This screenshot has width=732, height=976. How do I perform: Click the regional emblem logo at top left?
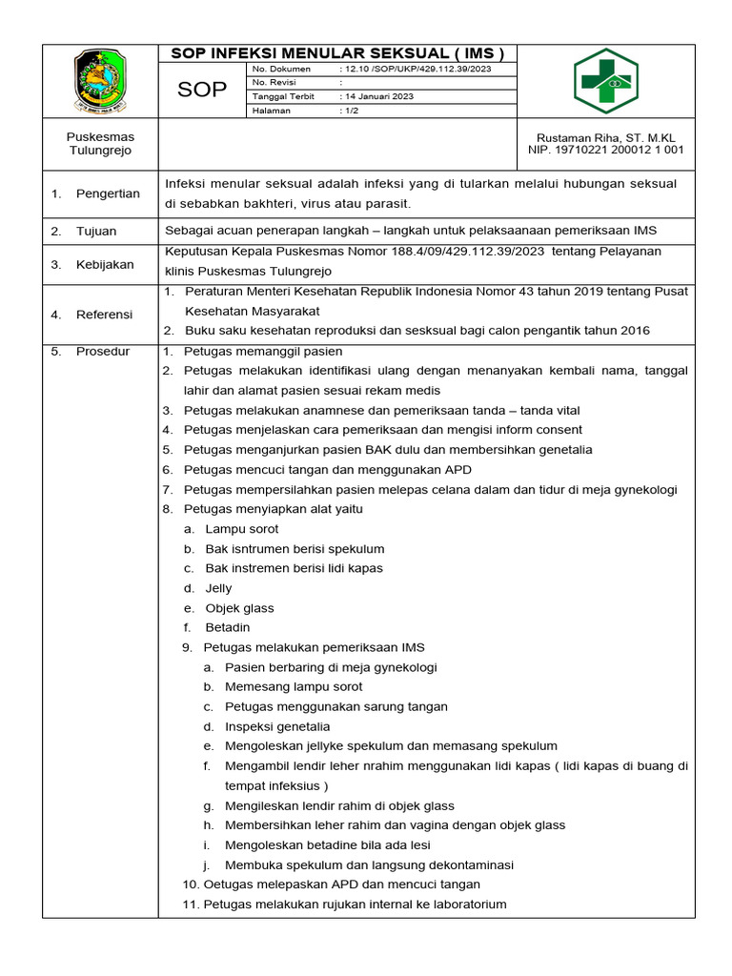(100, 81)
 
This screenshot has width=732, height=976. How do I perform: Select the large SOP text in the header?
(202, 90)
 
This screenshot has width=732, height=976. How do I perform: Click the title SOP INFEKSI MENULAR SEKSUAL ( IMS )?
(336, 53)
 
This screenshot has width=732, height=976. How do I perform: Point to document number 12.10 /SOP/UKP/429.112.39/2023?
(415, 69)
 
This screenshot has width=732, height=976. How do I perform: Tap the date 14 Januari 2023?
(379, 96)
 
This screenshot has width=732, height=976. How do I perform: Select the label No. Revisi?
(274, 83)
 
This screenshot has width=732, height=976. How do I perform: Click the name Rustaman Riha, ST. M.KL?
(606, 136)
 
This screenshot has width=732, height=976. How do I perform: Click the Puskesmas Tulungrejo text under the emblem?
(100, 143)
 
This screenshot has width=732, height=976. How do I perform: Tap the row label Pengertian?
(108, 193)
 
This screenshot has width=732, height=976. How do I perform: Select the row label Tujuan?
(96, 231)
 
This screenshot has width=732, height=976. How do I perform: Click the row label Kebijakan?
(104, 264)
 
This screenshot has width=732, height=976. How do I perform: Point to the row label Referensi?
(105, 314)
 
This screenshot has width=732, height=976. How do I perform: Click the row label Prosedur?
(102, 351)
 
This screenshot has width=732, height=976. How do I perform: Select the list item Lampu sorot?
(242, 529)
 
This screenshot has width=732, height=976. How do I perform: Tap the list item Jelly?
(218, 588)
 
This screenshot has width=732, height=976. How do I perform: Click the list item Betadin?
(227, 627)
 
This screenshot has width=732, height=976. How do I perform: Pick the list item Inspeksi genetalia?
(277, 726)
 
